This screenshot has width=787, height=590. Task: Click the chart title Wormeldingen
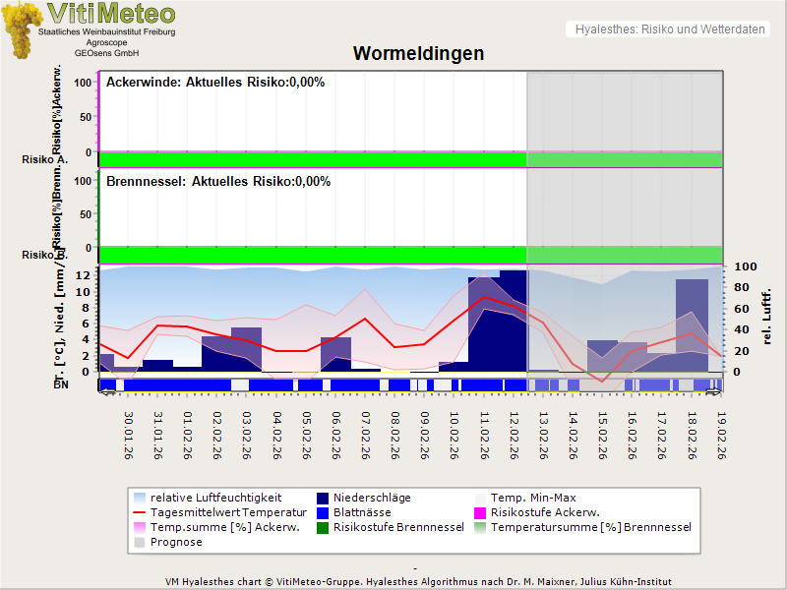[418, 53]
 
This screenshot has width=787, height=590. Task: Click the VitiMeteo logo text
[111, 14]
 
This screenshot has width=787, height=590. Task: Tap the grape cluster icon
[22, 29]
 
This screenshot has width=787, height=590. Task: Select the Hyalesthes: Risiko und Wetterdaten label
[668, 29]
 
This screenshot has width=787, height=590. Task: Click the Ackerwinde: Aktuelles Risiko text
[214, 83]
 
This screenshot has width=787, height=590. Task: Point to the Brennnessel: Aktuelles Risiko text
[217, 182]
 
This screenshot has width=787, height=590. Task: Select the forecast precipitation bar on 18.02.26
[692, 324]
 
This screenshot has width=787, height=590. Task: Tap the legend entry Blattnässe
[362, 512]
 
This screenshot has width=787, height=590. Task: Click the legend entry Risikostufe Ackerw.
[544, 512]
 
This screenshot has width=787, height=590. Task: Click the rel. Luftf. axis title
[767, 315]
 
